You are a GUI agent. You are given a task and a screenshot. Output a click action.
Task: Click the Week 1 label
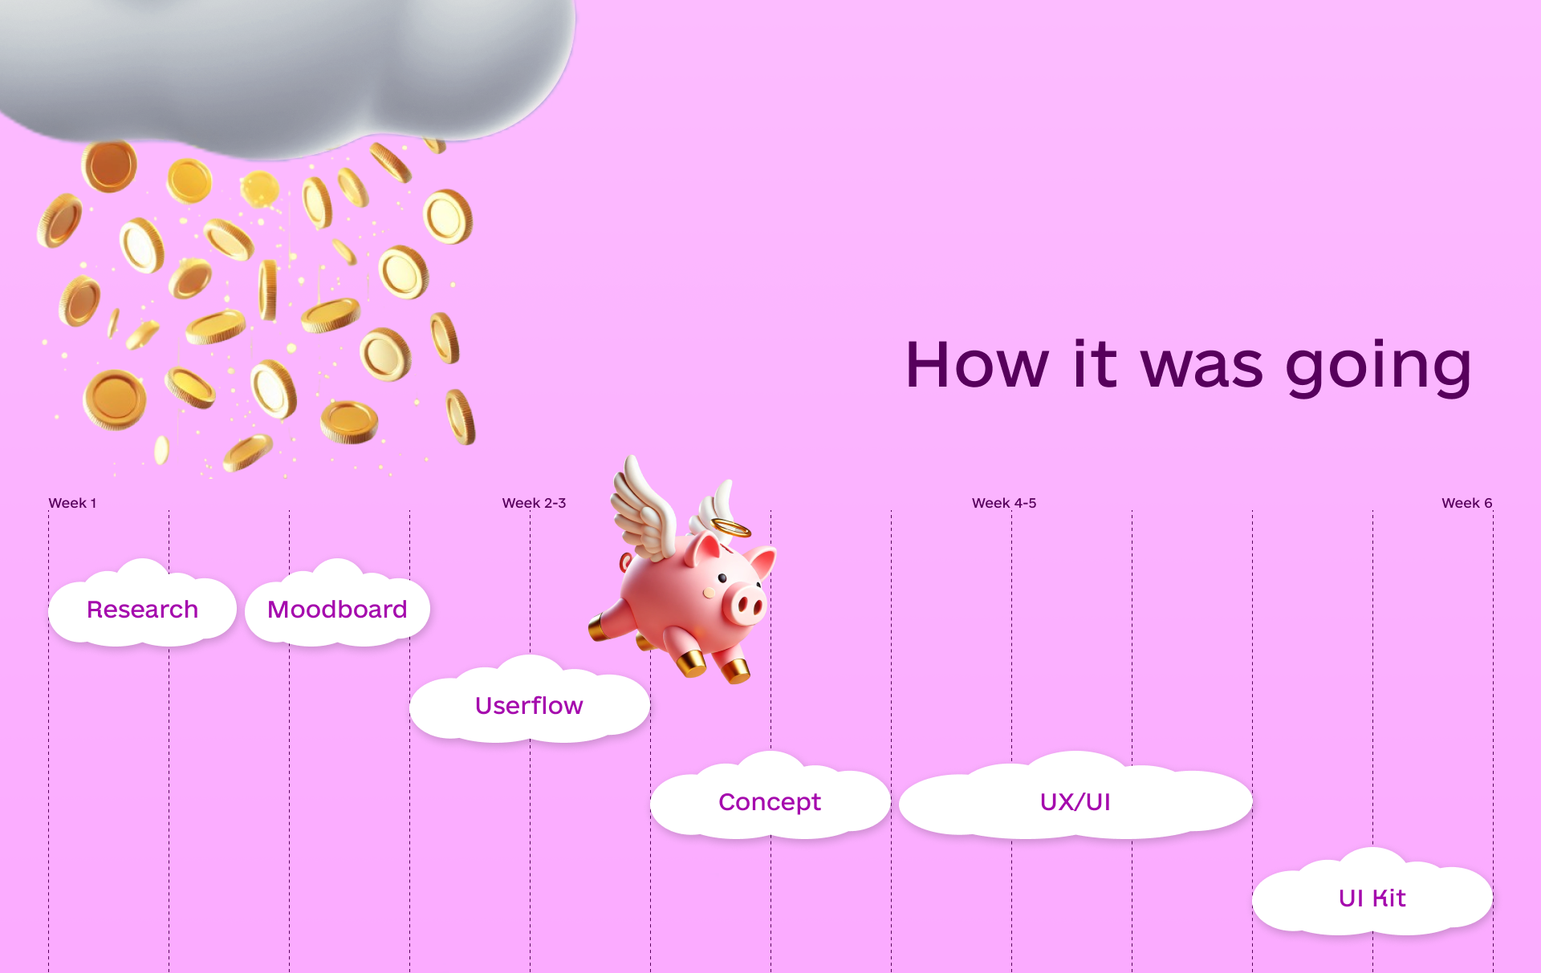point(72,503)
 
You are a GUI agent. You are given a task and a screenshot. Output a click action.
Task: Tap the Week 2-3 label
point(534,503)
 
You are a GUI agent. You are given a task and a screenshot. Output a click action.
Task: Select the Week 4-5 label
point(1004,503)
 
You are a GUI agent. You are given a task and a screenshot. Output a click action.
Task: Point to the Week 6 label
point(1466,503)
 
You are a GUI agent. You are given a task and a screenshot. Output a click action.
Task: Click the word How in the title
point(977,365)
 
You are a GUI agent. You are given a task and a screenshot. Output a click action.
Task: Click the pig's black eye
point(722,578)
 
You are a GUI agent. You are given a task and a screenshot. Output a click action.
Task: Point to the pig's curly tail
point(626,562)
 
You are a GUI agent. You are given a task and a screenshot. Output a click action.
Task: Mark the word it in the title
point(1095,364)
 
